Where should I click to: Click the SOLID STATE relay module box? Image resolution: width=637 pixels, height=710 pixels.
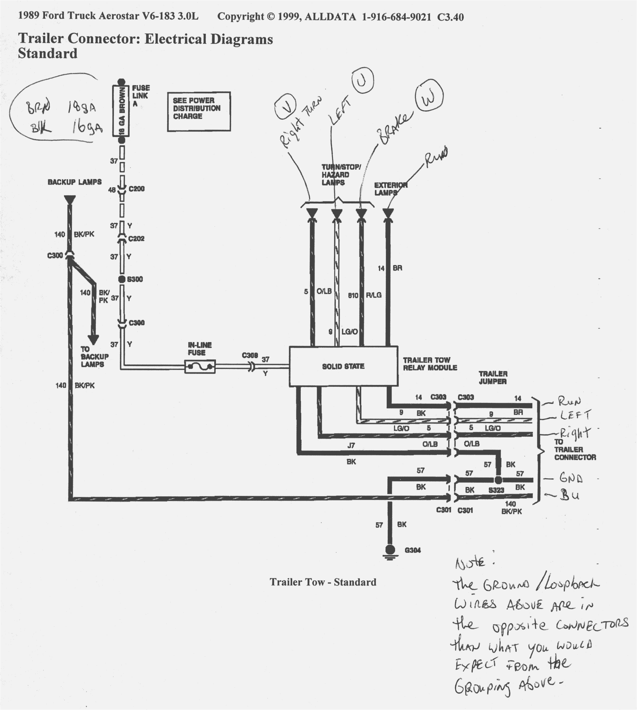(x=343, y=366)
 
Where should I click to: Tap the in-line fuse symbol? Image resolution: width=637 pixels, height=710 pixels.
(x=200, y=367)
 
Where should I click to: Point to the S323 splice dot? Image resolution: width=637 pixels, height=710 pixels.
(x=498, y=480)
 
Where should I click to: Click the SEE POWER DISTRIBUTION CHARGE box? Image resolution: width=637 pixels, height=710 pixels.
(x=199, y=111)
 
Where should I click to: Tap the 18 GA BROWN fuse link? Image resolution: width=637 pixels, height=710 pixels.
(x=121, y=111)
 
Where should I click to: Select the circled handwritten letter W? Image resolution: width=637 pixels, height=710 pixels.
(x=429, y=98)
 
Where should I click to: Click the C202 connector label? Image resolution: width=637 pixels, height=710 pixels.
(x=136, y=239)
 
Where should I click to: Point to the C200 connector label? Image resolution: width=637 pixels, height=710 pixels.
(x=136, y=189)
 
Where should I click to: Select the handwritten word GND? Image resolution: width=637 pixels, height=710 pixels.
(x=571, y=478)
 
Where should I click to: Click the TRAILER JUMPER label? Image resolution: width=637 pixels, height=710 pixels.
(x=493, y=378)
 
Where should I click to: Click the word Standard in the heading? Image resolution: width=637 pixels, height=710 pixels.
(x=48, y=54)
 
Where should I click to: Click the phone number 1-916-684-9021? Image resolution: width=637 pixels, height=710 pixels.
(x=397, y=17)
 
